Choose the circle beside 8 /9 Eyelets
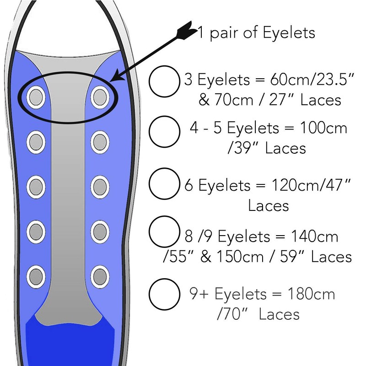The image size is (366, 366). tap(164, 231)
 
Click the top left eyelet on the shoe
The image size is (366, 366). tap(35, 96)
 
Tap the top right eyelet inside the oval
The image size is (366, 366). tap(99, 96)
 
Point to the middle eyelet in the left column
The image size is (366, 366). tap(35, 185)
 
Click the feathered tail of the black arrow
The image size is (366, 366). tap(187, 32)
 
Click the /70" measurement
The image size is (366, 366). tap(232, 314)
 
